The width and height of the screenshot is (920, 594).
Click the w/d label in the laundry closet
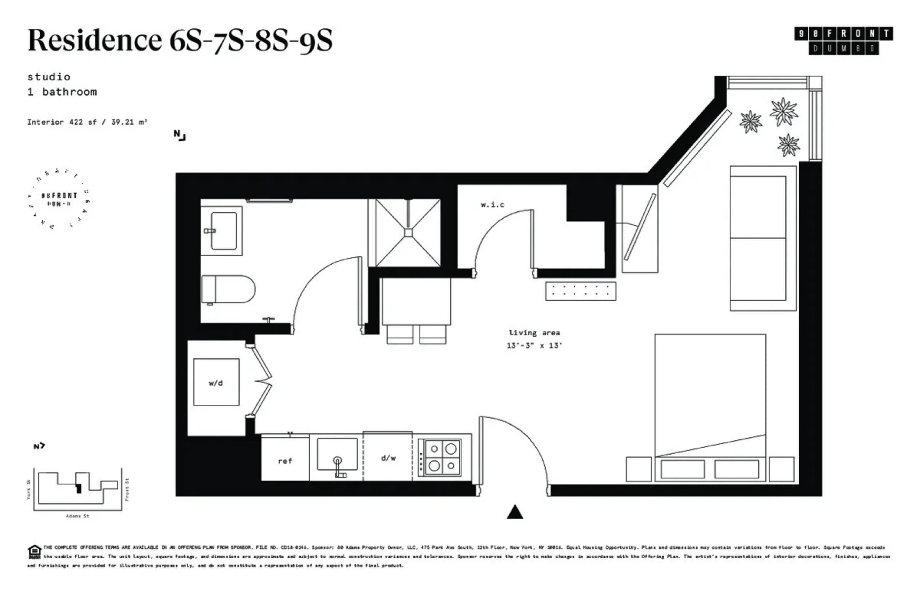tap(215, 383)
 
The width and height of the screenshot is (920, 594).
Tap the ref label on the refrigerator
tap(285, 461)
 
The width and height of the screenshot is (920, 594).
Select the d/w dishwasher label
tap(388, 458)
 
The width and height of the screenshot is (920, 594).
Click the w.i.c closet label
tap(492, 205)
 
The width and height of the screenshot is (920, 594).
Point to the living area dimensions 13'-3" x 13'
tap(534, 346)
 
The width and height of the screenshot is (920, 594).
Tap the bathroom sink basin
tap(224, 231)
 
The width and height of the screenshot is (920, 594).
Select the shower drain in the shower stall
tap(408, 233)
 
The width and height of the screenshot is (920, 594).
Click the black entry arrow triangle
tap(515, 513)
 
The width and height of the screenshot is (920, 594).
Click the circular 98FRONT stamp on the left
tap(59, 199)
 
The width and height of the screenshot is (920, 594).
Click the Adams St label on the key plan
tap(77, 516)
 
